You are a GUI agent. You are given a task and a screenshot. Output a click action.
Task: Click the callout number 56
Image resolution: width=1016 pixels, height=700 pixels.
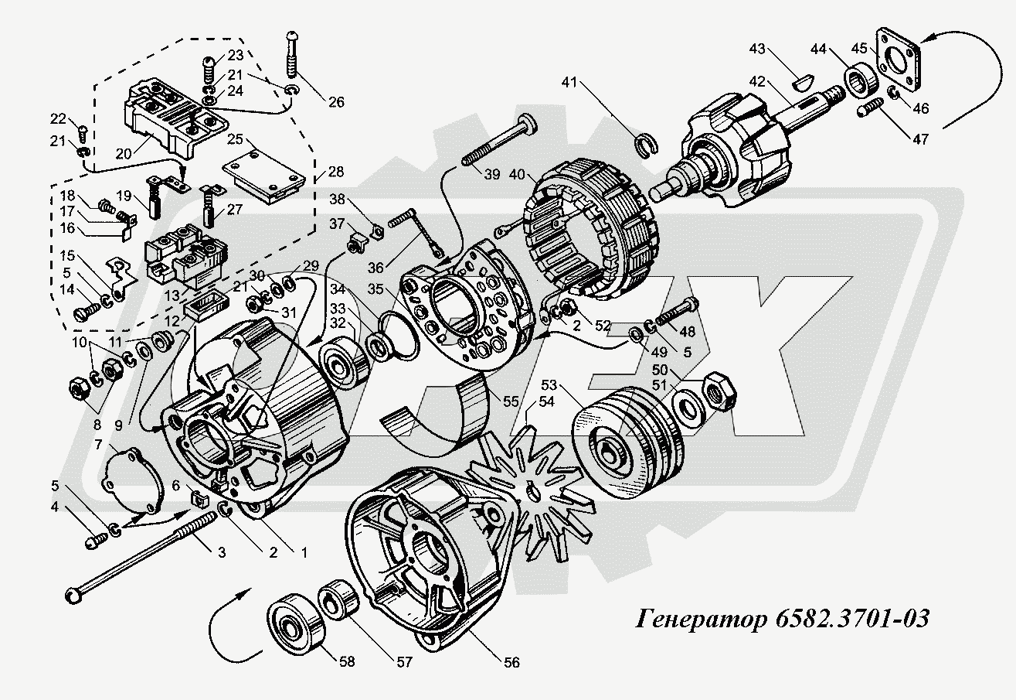coord(511,662)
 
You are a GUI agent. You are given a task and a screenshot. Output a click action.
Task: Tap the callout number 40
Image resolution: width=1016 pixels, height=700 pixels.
coord(517,174)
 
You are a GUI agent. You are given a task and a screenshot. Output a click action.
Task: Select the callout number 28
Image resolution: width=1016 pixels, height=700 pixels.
coord(336,172)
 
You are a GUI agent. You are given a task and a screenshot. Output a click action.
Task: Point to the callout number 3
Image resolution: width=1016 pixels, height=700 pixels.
coord(221,552)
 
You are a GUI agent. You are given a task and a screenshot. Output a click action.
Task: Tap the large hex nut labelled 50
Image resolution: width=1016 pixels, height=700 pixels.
coord(719,391)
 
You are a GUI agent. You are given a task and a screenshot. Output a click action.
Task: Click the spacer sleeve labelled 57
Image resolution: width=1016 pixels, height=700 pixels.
coord(340,599)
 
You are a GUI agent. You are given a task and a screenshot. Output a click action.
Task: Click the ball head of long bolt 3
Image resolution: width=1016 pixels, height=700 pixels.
coord(73,595)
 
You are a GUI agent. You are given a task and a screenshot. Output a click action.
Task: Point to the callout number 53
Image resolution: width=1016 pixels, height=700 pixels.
coord(549,385)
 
